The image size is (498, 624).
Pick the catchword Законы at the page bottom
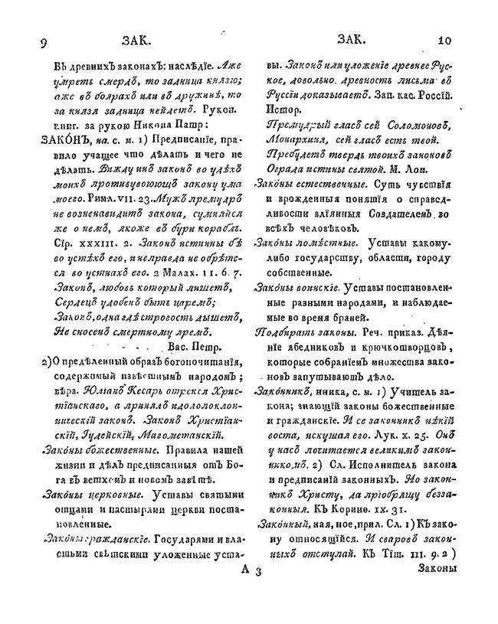tap(442, 569)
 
